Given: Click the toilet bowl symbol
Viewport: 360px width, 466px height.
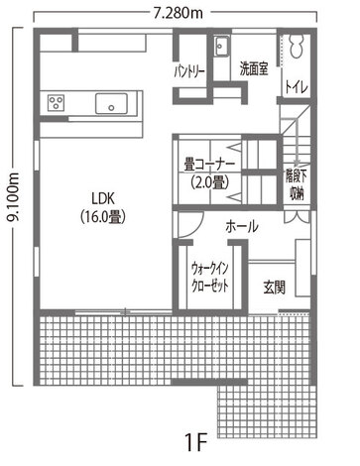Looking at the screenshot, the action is pos(297,47).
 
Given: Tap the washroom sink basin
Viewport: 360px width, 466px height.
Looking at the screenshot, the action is pos(221,46).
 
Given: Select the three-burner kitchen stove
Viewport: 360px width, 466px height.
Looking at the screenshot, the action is pos(56,102).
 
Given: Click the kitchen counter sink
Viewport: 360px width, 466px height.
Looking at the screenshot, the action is pos(111,104).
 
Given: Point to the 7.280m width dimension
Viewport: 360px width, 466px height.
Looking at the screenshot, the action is pos(179,13).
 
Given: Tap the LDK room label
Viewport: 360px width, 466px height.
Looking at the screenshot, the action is pos(103,198).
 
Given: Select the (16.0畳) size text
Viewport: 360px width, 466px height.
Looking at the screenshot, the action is pos(103,217).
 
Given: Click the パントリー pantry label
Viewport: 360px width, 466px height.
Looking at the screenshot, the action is pos(189,72).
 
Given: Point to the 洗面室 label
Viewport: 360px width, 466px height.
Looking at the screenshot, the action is pos(254,68).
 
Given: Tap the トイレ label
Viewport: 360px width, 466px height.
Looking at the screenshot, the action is pos(297,87).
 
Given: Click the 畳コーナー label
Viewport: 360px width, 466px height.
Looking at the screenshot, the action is pos(209,165).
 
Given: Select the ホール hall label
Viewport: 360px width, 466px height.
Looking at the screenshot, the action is pos(242,227).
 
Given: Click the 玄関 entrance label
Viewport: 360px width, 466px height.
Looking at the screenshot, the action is pos(275,287).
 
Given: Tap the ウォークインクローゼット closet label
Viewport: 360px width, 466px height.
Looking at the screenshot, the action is pos(210,277).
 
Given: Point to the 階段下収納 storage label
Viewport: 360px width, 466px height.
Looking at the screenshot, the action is pos(296,185).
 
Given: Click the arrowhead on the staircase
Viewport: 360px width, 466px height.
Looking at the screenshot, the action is pos(298,163).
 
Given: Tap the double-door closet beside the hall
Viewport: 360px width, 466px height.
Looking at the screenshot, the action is pos(297,217).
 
